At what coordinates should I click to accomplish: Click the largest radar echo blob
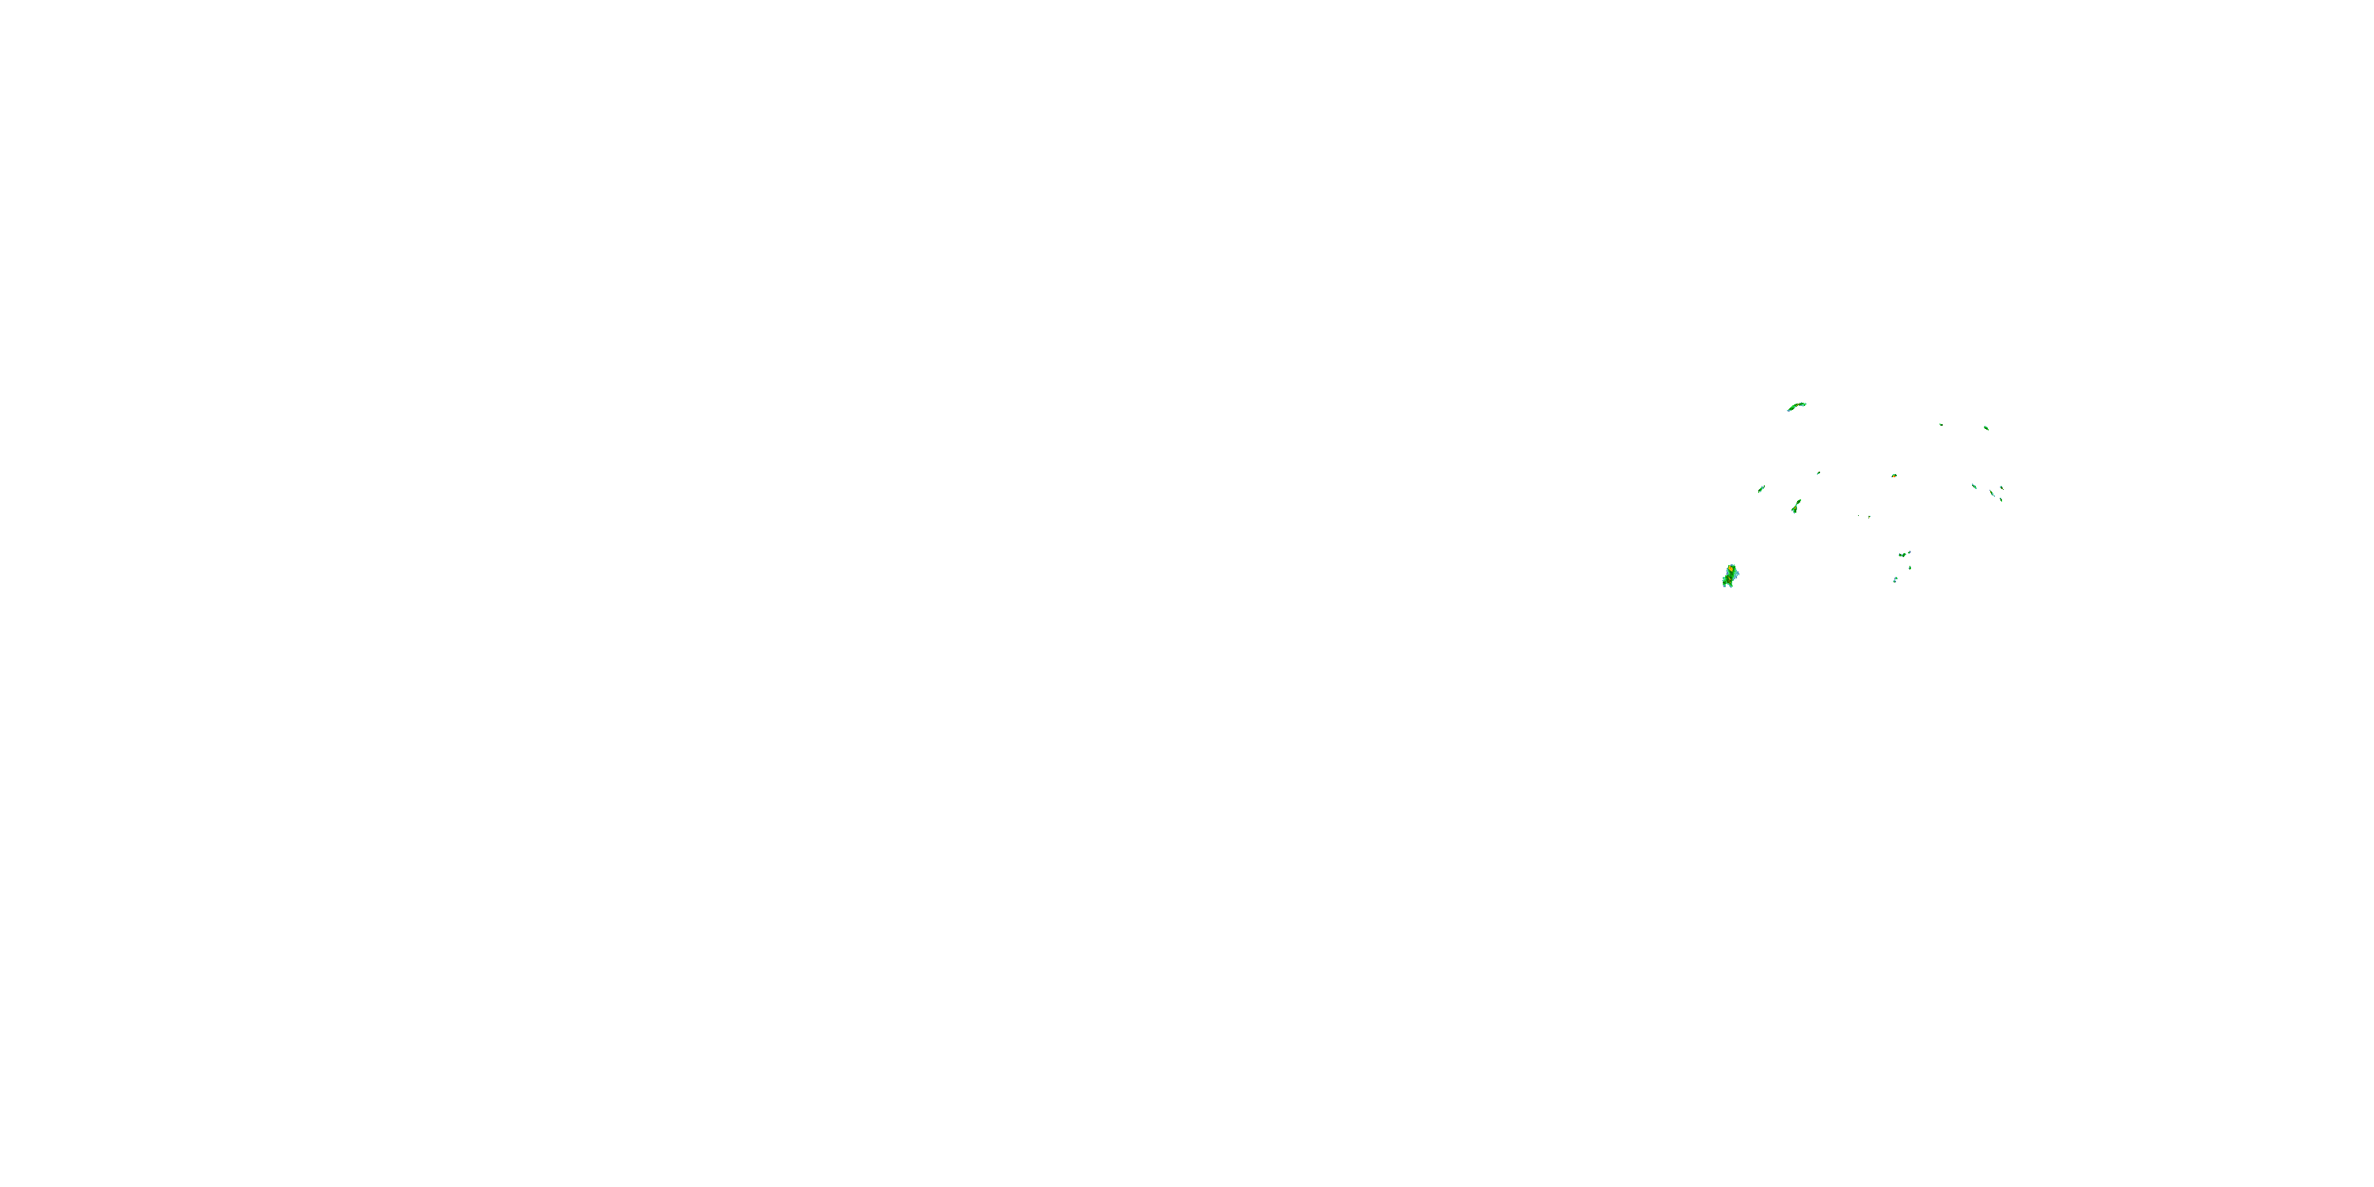[1731, 577]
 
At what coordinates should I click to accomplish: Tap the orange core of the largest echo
[1731, 569]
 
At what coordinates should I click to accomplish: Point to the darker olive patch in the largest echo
[1729, 581]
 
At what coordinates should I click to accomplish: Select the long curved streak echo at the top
[1797, 405]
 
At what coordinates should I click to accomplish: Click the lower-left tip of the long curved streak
[1788, 410]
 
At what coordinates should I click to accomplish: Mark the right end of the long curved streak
[1807, 404]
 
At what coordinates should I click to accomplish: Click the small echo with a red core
[1894, 476]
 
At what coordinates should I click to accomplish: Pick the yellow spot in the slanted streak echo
[1796, 508]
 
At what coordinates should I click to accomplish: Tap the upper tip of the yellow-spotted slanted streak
[1801, 499]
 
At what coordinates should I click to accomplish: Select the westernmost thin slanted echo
[1762, 488]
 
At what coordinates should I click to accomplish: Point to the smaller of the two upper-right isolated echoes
[1941, 425]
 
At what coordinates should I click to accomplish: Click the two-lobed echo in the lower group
[1902, 555]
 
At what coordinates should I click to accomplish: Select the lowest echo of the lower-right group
[1896, 580]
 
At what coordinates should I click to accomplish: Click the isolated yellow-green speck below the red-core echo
[1870, 517]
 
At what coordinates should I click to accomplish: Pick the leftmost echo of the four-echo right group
[1974, 487]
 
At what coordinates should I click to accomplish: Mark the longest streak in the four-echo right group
[1993, 493]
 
